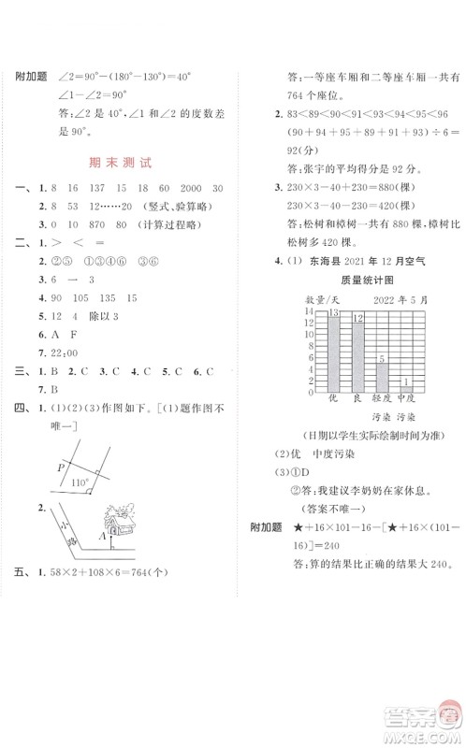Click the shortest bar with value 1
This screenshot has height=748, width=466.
[405, 386]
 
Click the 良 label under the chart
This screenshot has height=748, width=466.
[357, 399]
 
